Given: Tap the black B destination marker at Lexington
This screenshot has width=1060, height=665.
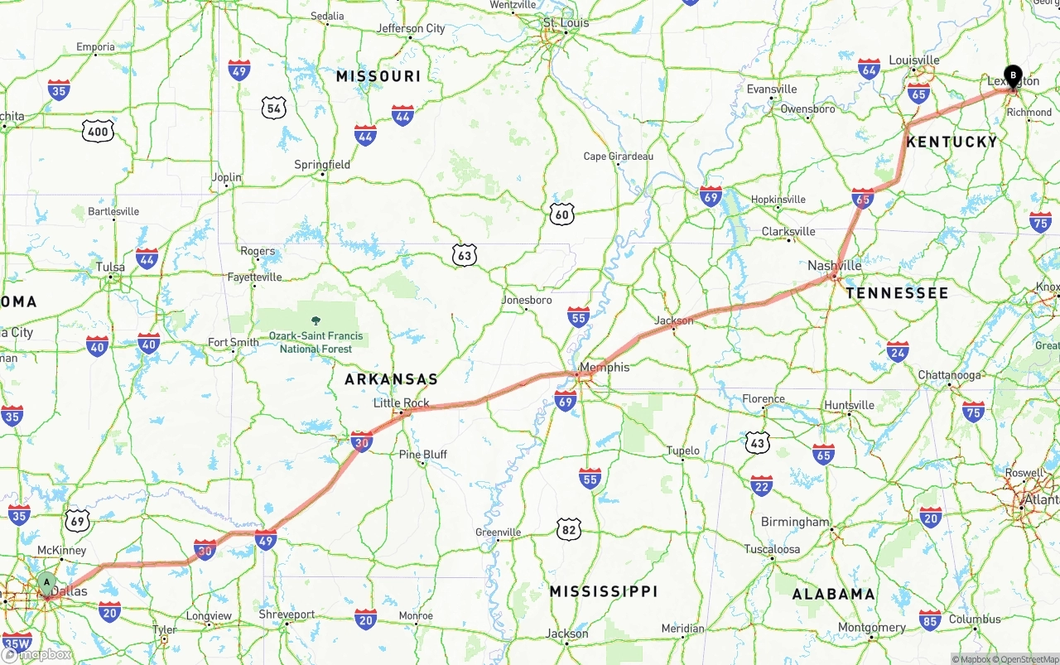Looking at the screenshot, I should point(1012,75).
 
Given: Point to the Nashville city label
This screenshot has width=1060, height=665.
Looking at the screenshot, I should point(834,266).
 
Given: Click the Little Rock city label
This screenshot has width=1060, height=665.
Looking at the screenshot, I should point(402,403).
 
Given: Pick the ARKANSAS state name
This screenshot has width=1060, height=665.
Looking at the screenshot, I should point(391,379).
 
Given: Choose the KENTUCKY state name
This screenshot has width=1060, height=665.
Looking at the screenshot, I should point(952,142).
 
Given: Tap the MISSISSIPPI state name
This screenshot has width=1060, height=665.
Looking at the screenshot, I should point(604,591).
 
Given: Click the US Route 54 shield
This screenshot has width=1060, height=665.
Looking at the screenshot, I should point(274,107).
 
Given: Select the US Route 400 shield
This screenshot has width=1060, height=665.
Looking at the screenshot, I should point(98,130).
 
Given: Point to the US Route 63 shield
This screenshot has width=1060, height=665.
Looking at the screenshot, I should point(465,256).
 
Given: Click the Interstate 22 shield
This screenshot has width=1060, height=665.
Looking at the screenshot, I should point(761,485).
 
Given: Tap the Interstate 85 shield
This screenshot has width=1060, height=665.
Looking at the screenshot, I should point(930,619).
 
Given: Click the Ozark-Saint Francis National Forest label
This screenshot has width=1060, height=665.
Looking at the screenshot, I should point(316,342).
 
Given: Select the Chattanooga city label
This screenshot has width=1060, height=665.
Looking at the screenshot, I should point(949,375).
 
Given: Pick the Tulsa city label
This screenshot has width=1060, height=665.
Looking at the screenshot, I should point(110,267).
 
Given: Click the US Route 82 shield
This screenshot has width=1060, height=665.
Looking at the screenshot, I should point(568,529).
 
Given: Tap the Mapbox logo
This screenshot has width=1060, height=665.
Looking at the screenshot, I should point(36,654).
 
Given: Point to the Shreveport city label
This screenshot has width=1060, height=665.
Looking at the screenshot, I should point(287,614).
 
